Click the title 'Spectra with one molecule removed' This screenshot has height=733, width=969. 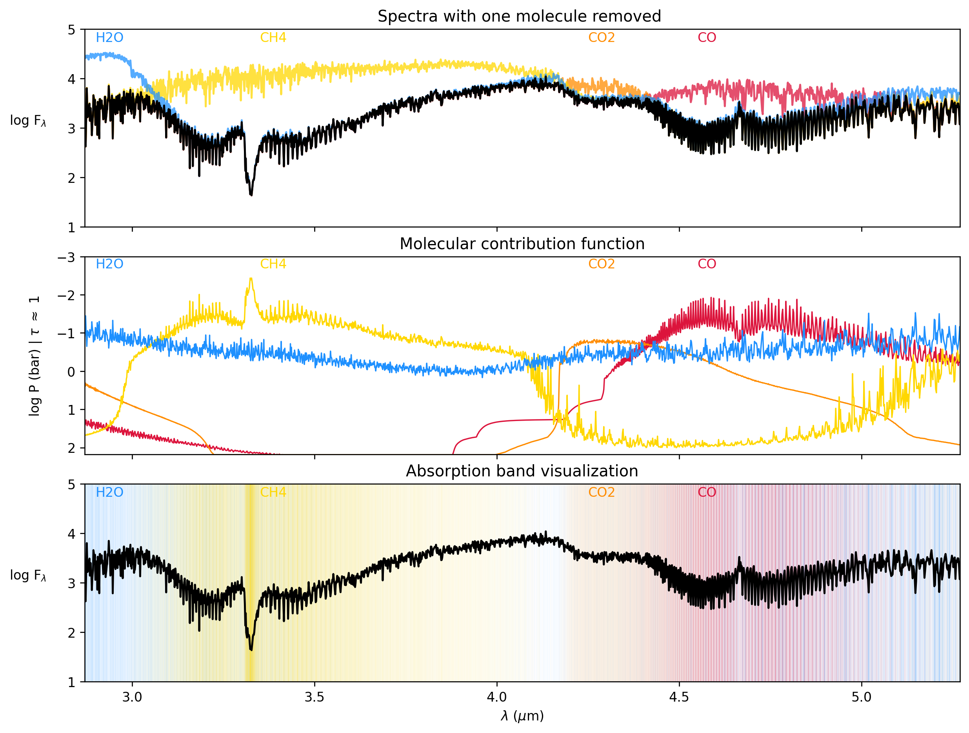click(519, 16)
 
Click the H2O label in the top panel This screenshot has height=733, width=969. click(109, 38)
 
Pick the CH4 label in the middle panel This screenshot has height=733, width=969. click(273, 264)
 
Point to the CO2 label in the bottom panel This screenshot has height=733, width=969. click(601, 492)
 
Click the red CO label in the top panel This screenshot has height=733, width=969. click(707, 38)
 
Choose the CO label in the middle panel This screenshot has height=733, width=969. click(707, 264)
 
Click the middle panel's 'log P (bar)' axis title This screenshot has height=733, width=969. click(34, 356)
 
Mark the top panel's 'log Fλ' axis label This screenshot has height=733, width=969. click(27, 120)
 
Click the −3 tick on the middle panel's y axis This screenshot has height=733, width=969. click(66, 257)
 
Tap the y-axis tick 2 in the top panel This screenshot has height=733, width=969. click(71, 178)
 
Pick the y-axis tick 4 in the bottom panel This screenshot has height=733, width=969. click(71, 534)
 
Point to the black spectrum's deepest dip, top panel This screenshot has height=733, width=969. click(251, 195)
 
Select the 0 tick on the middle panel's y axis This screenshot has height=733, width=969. click(71, 372)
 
